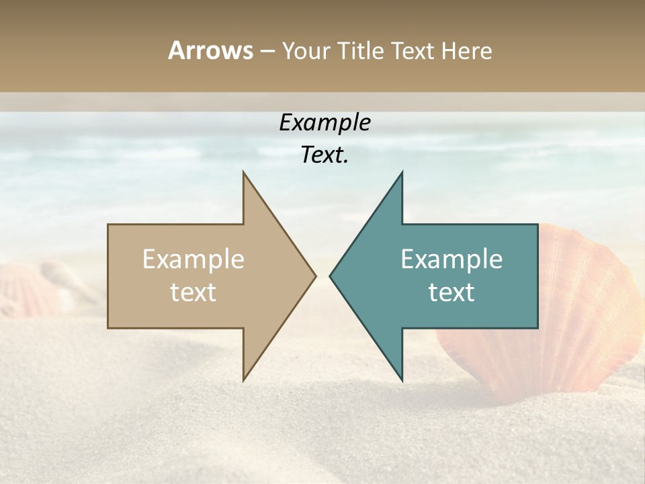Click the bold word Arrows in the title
pyautogui.click(x=210, y=50)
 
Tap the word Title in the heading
pyautogui.click(x=361, y=50)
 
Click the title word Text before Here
pyautogui.click(x=414, y=50)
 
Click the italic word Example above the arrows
pyautogui.click(x=325, y=122)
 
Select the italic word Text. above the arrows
pyautogui.click(x=325, y=155)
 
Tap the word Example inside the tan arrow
pyautogui.click(x=193, y=259)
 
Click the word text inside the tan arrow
pyautogui.click(x=193, y=292)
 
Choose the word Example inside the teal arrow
pyautogui.click(x=451, y=259)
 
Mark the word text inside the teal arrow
pyautogui.click(x=451, y=292)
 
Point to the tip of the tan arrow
pyautogui.click(x=315, y=276)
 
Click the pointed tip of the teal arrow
pyautogui.click(x=330, y=276)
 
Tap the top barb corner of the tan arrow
pyautogui.click(x=243, y=172)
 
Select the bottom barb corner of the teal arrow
pyautogui.click(x=402, y=380)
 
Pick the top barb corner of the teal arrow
pyautogui.click(x=402, y=172)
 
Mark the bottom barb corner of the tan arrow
pyautogui.click(x=243, y=380)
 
